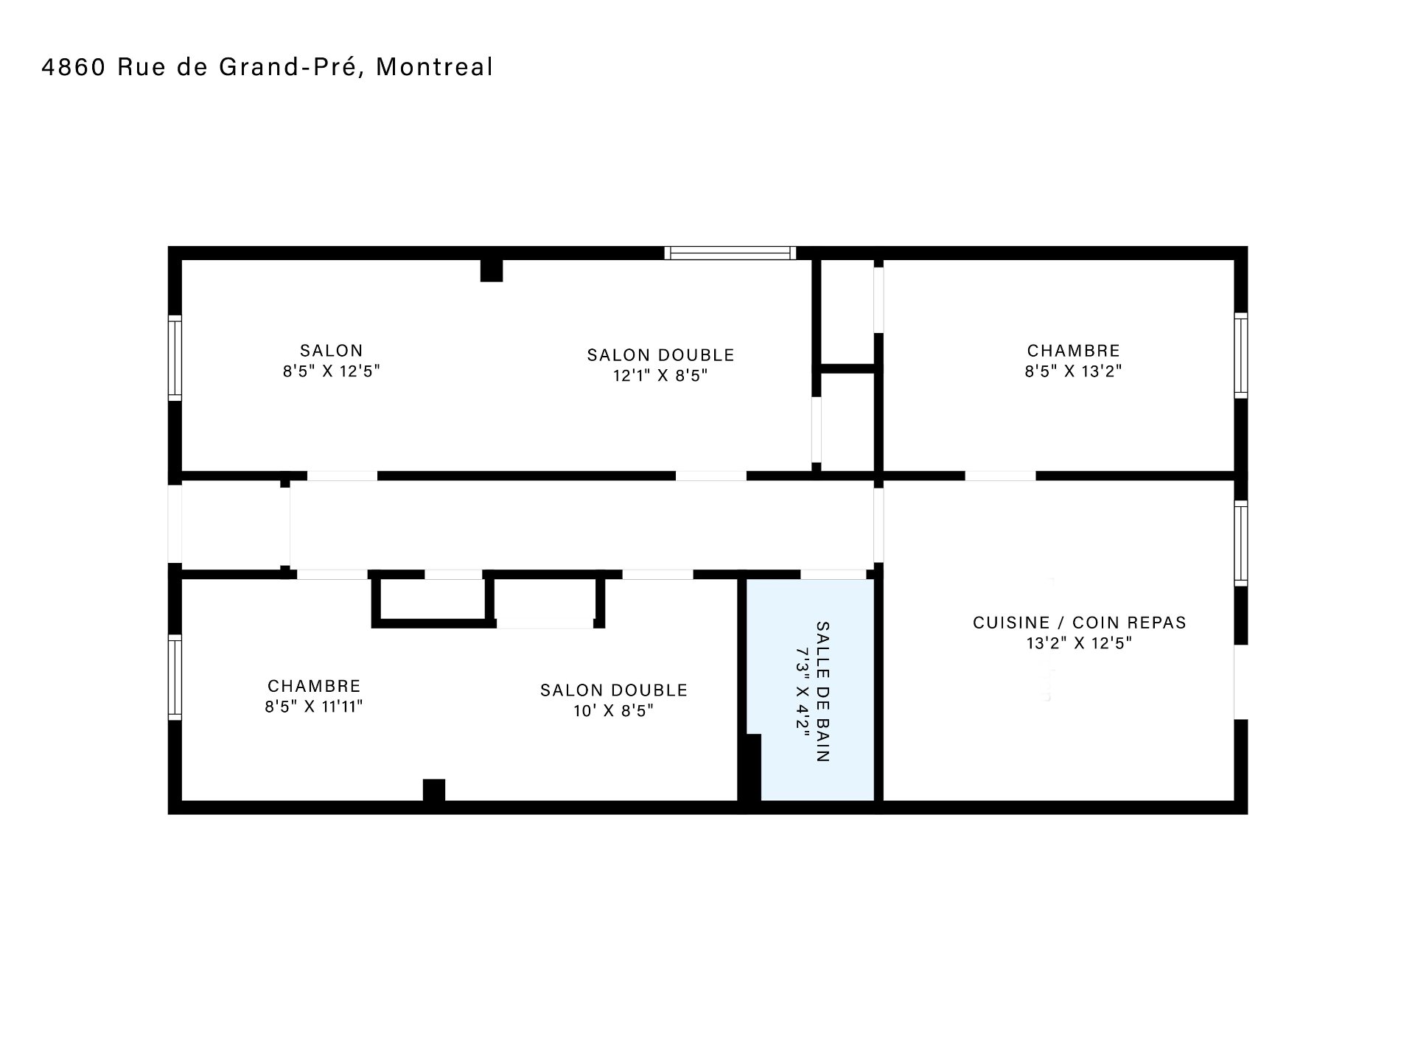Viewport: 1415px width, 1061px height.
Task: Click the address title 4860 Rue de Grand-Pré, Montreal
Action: point(267,67)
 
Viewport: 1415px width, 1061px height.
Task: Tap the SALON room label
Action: point(332,351)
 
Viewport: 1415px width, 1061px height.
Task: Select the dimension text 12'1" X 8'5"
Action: point(660,376)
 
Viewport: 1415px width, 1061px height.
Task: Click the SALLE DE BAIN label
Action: point(822,692)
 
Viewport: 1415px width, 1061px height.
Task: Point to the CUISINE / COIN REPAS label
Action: point(1080,623)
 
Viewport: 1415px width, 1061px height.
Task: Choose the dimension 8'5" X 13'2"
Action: point(1073,371)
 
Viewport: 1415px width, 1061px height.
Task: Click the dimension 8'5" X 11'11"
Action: point(314,707)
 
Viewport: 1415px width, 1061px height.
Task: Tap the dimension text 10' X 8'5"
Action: point(613,711)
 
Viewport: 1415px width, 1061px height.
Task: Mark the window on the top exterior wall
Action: point(730,253)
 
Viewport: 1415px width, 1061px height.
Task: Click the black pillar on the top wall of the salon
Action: point(492,270)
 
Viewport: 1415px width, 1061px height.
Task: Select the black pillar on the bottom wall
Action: point(434,790)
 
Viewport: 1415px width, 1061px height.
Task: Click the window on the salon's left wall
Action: point(175,358)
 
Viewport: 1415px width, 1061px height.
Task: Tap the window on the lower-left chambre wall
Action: point(175,677)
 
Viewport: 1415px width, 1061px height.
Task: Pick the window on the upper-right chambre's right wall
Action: point(1241,355)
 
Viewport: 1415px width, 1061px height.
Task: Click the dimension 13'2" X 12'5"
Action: point(1080,643)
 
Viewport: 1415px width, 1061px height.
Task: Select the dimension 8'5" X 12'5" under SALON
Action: point(332,371)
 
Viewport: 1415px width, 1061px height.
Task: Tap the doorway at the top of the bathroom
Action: point(833,574)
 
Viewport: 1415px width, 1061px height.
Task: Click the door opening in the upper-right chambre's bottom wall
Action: point(1000,476)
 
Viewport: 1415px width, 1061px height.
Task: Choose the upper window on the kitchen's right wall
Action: point(1241,543)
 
